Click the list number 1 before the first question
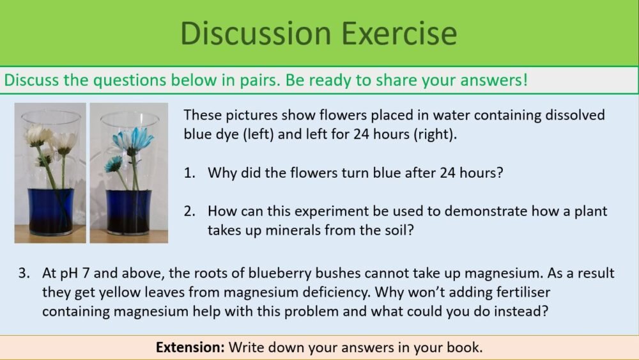coord(190,173)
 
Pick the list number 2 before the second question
coord(190,211)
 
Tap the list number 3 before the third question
coord(24,274)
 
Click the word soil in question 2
coord(396,230)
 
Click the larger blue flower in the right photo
coord(132,139)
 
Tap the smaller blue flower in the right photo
coord(114,164)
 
